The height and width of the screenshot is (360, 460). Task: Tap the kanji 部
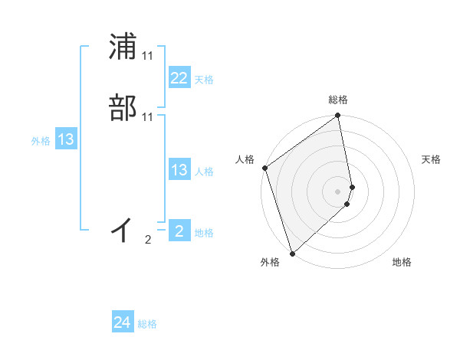pos(123,108)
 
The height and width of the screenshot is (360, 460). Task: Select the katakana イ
pos(123,228)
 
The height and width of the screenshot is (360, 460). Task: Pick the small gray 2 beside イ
pos(148,240)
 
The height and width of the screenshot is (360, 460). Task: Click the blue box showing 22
pos(179,78)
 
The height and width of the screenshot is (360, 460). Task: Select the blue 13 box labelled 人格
pos(179,170)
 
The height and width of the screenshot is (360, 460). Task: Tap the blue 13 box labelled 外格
pos(66,139)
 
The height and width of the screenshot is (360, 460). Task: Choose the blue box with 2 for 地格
pos(179,231)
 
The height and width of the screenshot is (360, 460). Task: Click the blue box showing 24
pos(123,322)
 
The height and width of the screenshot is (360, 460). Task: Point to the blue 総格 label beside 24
pos(147,324)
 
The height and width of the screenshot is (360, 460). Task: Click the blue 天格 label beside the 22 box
pos(204,80)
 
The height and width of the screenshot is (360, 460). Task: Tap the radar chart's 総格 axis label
pos(338,100)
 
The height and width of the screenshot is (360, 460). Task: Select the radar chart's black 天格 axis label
pos(432,159)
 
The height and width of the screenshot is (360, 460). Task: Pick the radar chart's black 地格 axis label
pos(402,262)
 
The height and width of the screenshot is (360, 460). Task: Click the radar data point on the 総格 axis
pos(338,116)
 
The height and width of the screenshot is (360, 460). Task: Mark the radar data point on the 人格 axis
pos(265,168)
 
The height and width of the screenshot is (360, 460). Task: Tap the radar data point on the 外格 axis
pos(292,253)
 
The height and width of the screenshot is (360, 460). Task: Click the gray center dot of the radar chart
pos(338,191)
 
